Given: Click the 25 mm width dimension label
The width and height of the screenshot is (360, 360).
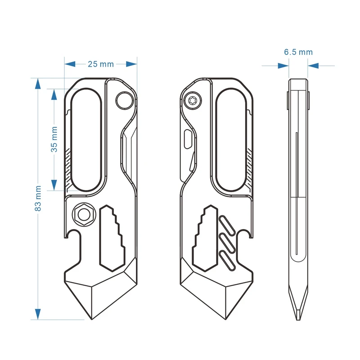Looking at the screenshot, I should (101, 64).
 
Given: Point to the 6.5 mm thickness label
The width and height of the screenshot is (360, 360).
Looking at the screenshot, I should (298, 52).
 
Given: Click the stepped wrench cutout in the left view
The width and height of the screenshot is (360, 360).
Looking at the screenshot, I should (112, 238).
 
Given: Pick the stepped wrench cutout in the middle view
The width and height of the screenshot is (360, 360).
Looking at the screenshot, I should (205, 238).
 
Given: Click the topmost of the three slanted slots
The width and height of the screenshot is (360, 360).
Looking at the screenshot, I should (226, 224).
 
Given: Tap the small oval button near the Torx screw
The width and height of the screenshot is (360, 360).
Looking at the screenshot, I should (188, 139).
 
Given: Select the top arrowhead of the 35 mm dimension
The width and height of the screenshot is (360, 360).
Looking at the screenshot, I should (54, 94).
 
